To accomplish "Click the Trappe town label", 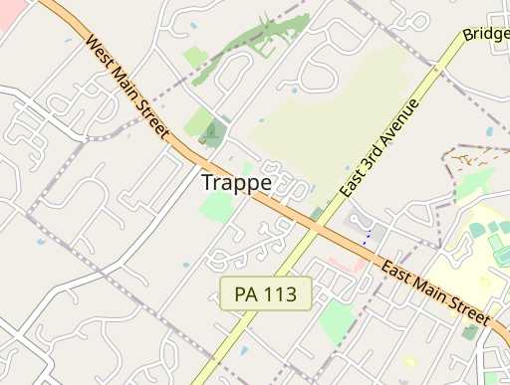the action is [235, 183].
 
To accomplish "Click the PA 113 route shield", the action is [266, 294].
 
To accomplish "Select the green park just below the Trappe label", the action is [217, 207].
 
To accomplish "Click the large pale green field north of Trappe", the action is [329, 109].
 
